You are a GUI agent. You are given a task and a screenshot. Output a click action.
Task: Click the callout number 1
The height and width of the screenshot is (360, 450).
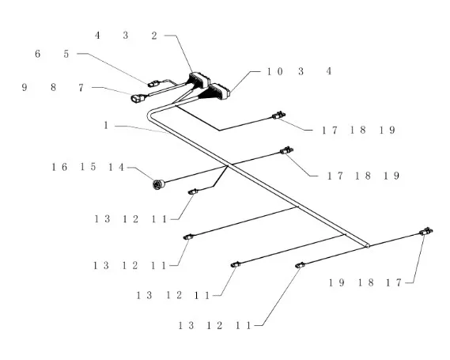pyautogui.click(x=106, y=126)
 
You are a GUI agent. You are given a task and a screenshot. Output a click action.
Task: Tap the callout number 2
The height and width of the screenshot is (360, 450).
pyautogui.click(x=154, y=36)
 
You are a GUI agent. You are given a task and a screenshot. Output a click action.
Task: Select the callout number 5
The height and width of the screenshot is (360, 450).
pyautogui.click(x=66, y=54)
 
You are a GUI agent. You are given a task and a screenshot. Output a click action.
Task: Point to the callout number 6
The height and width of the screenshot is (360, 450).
pyautogui.click(x=38, y=54)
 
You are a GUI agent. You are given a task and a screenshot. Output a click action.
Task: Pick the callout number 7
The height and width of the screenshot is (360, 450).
pyautogui.click(x=81, y=88)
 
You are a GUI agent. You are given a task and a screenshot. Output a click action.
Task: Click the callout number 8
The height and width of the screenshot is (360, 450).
pyautogui.click(x=53, y=87)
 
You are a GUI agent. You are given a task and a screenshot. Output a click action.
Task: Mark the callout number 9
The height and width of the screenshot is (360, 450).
pyautogui.click(x=25, y=87)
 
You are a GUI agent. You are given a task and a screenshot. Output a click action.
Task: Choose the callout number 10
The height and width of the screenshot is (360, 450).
pyautogui.click(x=275, y=71)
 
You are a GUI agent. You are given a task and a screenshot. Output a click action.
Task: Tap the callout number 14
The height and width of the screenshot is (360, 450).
pyautogui.click(x=116, y=167)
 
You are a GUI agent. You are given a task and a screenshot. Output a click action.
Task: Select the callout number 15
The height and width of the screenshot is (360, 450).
pyautogui.click(x=88, y=167)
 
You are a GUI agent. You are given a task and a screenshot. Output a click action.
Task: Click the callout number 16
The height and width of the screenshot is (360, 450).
pyautogui.click(x=59, y=167)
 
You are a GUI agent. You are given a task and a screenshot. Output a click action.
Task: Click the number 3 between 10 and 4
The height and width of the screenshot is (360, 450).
pyautogui.click(x=301, y=71)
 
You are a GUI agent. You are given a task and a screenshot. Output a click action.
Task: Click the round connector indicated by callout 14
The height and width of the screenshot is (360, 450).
pyautogui.click(x=158, y=184)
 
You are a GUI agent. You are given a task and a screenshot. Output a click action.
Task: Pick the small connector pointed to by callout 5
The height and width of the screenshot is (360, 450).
pyautogui.click(x=153, y=84)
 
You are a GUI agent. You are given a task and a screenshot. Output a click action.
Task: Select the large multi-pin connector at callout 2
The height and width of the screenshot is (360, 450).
pyautogui.click(x=199, y=80)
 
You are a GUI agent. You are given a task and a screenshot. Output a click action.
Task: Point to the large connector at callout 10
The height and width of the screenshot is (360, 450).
pyautogui.click(x=220, y=91)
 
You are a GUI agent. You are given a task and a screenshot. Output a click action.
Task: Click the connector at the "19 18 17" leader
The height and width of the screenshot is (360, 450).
pyautogui.click(x=426, y=231)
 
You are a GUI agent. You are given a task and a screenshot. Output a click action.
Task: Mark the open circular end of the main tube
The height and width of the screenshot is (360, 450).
pyautogui.click(x=367, y=246)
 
